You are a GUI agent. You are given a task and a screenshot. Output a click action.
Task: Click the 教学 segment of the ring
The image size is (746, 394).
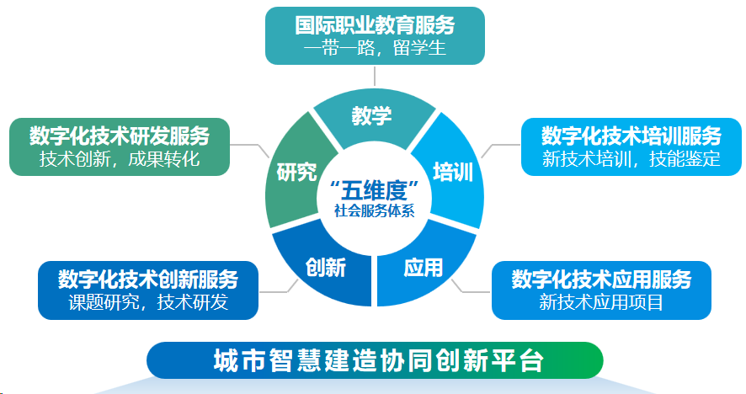pyautogui.click(x=374, y=118)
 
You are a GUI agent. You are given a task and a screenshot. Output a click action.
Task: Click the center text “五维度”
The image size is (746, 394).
pyautogui.click(x=375, y=191)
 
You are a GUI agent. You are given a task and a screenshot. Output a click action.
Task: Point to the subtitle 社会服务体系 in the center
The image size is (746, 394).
pyautogui.click(x=375, y=210)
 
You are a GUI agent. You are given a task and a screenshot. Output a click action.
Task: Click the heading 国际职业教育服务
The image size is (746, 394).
pyautogui.click(x=375, y=25)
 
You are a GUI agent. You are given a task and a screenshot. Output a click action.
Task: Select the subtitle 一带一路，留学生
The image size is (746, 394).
pyautogui.click(x=375, y=48)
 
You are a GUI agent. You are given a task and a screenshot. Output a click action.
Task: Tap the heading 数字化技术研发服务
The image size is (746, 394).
pyautogui.click(x=120, y=136)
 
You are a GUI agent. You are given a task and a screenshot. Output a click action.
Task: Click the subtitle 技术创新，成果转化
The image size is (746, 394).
pyautogui.click(x=120, y=159)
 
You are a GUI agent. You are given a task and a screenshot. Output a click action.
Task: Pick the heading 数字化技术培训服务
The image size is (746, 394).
pyautogui.click(x=631, y=136)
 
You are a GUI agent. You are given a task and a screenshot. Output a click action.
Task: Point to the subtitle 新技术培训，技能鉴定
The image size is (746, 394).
pyautogui.click(x=631, y=159)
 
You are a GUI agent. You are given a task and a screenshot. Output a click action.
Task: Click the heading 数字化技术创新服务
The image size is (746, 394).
pyautogui.click(x=148, y=280)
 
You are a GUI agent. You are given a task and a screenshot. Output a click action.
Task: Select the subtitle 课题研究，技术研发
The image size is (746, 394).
pyautogui.click(x=148, y=302)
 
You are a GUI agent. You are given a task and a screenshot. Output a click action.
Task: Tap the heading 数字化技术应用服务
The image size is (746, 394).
pyautogui.click(x=601, y=280)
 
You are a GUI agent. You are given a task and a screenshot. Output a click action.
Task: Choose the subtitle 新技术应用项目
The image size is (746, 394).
pyautogui.click(x=601, y=302)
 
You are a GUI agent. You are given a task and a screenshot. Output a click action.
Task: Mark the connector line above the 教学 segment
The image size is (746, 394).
pyautogui.click(x=375, y=76)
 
